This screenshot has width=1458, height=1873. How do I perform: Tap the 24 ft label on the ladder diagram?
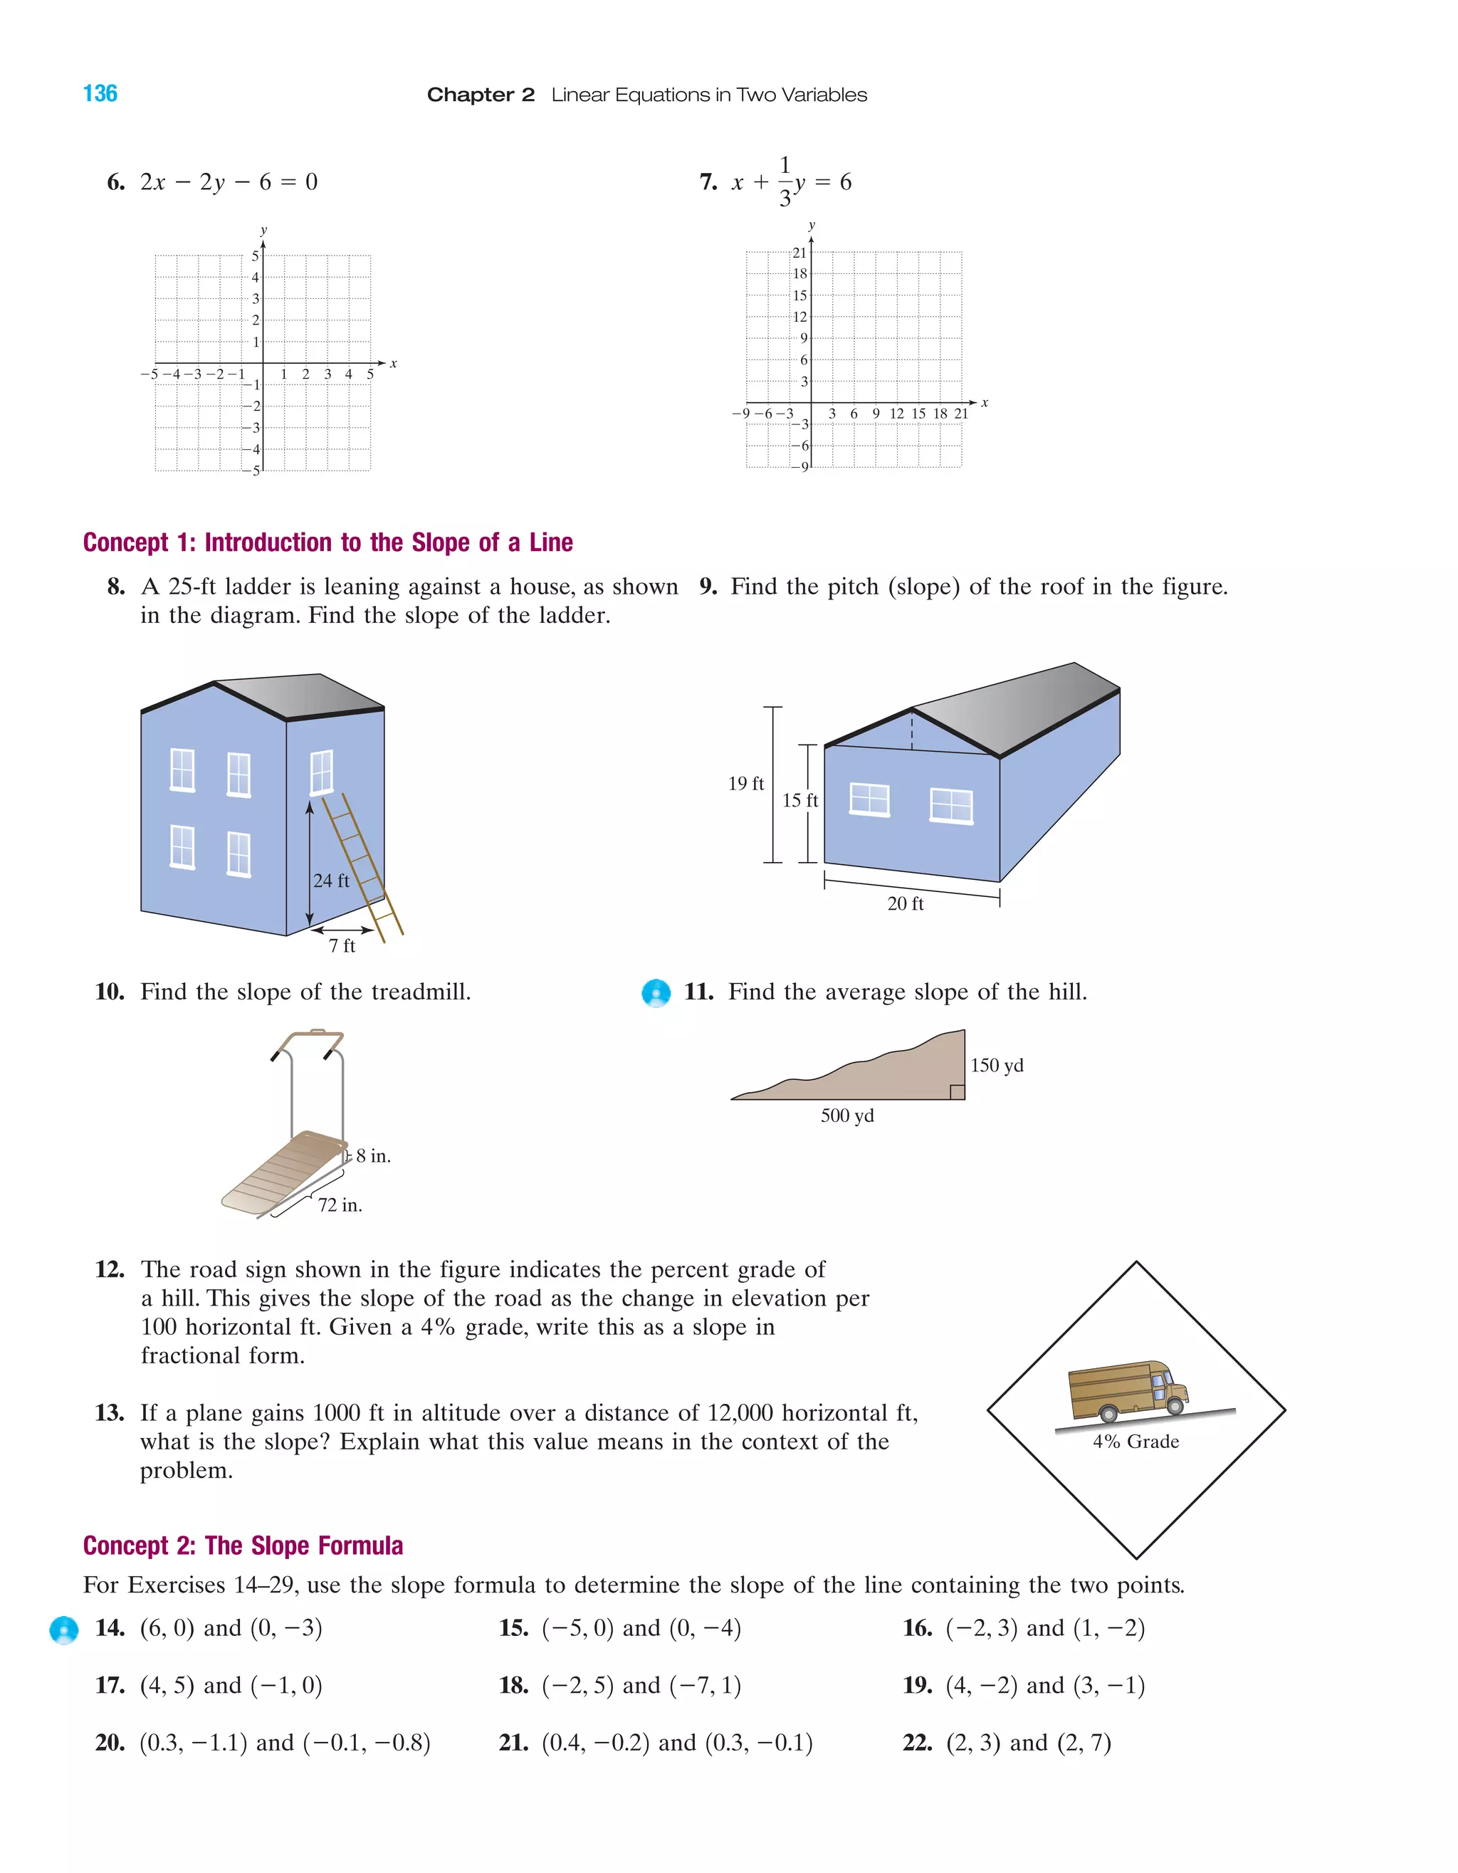click(331, 881)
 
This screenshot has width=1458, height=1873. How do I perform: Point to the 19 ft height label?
click(745, 783)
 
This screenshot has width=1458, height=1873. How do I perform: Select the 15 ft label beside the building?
click(799, 800)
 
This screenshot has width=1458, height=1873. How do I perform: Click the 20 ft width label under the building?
click(906, 904)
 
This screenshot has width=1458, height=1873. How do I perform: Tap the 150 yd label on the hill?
click(997, 1065)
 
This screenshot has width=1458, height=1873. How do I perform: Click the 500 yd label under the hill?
click(847, 1116)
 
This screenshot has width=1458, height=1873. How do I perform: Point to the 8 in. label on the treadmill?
click(373, 1156)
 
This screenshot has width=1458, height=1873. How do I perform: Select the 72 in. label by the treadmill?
click(340, 1205)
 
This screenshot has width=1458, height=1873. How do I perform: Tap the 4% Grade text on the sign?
click(1136, 1442)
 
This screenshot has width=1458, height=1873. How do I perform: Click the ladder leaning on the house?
click(364, 866)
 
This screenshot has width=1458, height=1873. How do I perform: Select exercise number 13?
click(110, 1412)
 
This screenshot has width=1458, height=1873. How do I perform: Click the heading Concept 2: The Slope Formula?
click(243, 1546)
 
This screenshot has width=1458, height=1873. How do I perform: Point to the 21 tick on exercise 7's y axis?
click(799, 253)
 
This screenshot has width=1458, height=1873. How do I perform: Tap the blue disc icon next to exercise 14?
click(64, 1630)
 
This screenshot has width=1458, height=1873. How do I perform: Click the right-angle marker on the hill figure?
click(957, 1092)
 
